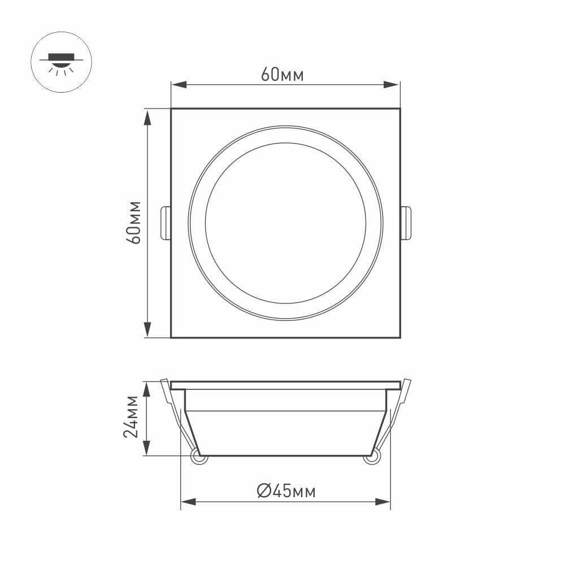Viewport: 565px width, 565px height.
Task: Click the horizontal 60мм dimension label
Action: point(282,75)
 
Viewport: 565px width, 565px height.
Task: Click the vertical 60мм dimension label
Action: point(134,222)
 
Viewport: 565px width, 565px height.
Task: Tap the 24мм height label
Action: point(131,417)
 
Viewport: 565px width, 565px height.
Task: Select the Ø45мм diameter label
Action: point(286,491)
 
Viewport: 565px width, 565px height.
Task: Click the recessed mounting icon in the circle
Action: point(60,63)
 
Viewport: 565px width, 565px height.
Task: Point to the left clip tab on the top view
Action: point(166,223)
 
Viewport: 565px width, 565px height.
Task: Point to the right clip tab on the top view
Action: point(406,223)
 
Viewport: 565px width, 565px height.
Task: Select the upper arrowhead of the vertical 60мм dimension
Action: point(147,116)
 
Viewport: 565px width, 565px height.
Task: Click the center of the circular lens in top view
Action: point(285,223)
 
